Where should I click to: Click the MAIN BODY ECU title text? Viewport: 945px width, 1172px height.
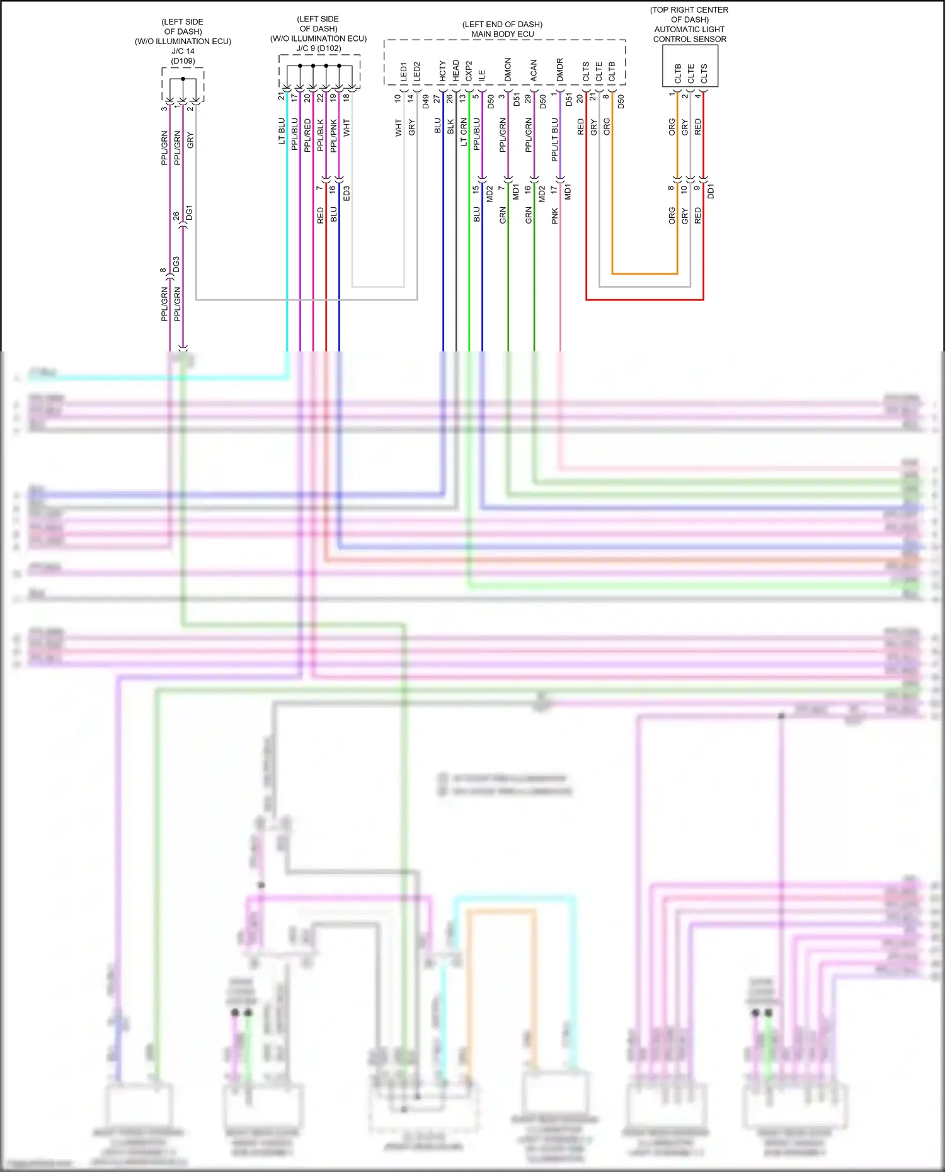click(x=502, y=34)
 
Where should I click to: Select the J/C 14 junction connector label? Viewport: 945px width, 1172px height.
click(x=183, y=51)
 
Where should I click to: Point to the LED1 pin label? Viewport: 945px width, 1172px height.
click(x=404, y=72)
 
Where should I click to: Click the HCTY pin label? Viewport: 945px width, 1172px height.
click(x=443, y=71)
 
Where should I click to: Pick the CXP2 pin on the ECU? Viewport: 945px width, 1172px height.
click(x=469, y=71)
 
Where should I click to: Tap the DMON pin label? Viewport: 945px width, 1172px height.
click(x=508, y=70)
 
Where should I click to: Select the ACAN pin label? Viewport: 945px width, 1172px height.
click(x=534, y=71)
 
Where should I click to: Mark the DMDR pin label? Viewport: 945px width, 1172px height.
click(x=560, y=70)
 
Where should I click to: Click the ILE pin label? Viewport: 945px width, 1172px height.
click(x=482, y=75)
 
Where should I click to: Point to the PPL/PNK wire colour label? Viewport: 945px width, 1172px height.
click(x=334, y=135)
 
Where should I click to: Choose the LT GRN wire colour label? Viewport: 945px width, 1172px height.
click(x=464, y=132)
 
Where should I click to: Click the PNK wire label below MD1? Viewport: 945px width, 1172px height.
click(x=555, y=216)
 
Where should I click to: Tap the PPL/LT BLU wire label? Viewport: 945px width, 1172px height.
click(x=555, y=139)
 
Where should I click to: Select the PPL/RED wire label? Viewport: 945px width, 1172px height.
click(x=307, y=135)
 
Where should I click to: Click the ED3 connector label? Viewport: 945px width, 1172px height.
click(x=346, y=194)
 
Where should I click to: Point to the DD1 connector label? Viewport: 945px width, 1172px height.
click(x=711, y=191)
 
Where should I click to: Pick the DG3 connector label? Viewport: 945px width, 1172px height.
click(x=176, y=265)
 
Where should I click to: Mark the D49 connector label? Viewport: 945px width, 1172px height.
click(x=426, y=101)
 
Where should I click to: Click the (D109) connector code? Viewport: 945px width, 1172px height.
click(x=183, y=61)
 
